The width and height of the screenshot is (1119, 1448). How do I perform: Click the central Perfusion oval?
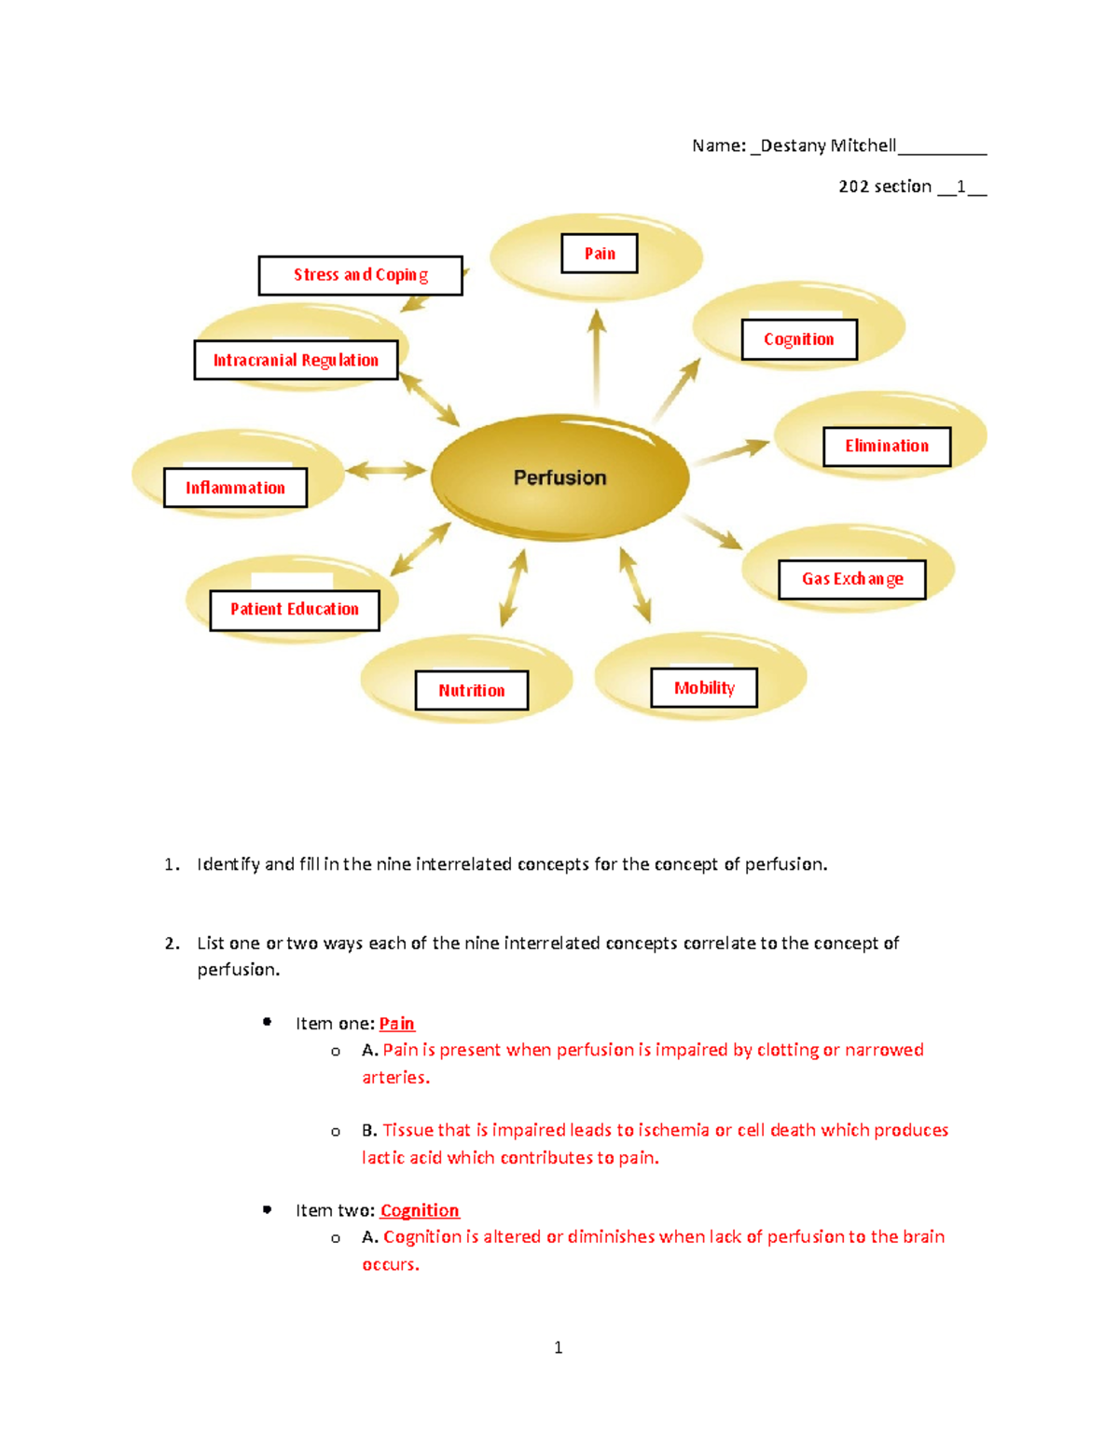click(559, 477)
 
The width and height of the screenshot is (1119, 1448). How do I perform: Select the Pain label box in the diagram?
click(600, 254)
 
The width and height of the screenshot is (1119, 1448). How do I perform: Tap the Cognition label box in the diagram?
click(799, 339)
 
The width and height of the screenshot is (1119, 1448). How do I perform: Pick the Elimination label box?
click(887, 447)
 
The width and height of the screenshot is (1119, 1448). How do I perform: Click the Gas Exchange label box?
click(852, 579)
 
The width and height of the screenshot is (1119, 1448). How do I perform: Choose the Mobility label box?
click(704, 688)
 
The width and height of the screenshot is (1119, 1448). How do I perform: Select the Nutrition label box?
click(472, 691)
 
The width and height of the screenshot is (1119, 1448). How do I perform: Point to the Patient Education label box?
click(295, 610)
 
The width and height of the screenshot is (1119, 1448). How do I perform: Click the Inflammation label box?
click(235, 488)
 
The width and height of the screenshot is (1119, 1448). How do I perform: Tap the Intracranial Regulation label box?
click(296, 360)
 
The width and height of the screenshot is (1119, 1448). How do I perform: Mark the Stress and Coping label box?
click(361, 275)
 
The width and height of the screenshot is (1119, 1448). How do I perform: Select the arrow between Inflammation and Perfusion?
click(386, 470)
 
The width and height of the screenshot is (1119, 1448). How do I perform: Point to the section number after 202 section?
click(960, 186)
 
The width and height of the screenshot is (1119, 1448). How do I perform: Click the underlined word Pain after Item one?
click(396, 1024)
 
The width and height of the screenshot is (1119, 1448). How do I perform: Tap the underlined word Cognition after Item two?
click(420, 1210)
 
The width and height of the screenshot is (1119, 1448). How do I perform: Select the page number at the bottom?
click(558, 1347)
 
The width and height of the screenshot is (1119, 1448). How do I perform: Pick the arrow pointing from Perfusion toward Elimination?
click(731, 452)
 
